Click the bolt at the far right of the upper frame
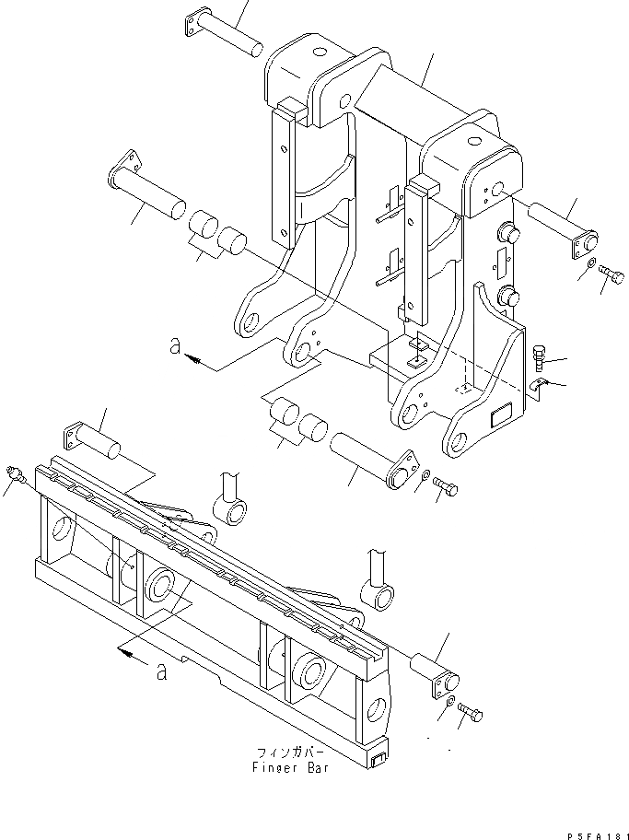(x=610, y=274)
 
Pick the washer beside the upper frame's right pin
(x=589, y=266)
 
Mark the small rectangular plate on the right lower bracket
(x=500, y=417)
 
